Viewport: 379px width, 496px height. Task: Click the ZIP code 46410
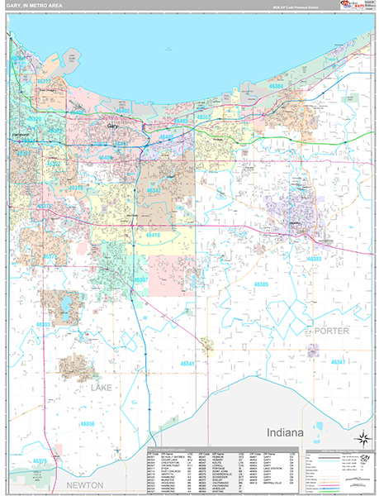tap(174, 235)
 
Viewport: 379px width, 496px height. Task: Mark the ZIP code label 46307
tap(141, 279)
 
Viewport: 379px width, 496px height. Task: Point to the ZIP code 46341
tap(189, 363)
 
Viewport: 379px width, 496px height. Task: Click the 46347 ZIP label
tap(339, 362)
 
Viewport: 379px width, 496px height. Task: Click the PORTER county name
tap(333, 331)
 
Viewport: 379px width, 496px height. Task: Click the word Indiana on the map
tap(286, 433)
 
